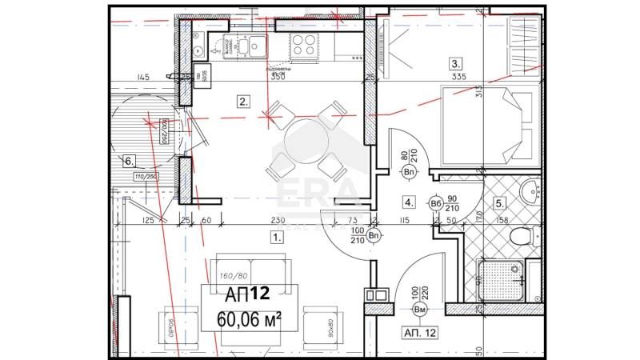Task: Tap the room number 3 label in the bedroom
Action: tap(455, 64)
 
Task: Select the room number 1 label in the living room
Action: tap(277, 237)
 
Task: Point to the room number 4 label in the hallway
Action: tap(409, 202)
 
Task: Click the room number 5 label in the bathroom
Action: tap(499, 202)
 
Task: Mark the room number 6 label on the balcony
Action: tap(128, 160)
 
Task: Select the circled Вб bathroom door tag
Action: tap(437, 203)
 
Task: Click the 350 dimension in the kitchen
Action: tap(278, 78)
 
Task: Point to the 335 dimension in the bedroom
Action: tap(458, 78)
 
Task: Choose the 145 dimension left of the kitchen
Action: tap(143, 78)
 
